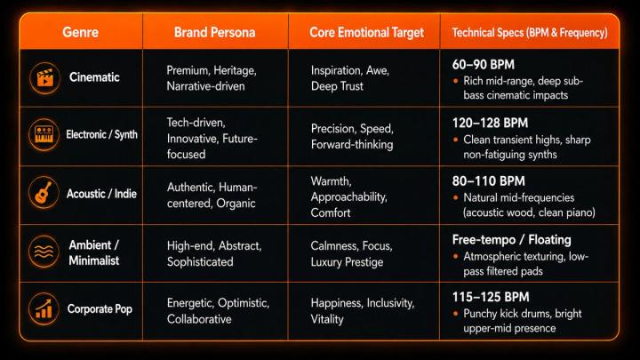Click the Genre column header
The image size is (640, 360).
tap(80, 32)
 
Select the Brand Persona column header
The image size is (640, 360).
tap(215, 32)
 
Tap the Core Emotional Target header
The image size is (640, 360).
tap(366, 32)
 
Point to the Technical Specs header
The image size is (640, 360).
tap(530, 33)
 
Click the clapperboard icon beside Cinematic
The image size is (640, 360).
tap(45, 78)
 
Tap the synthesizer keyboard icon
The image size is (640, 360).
tap(44, 135)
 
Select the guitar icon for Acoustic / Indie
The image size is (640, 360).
tap(44, 193)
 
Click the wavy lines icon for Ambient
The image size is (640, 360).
tap(44, 252)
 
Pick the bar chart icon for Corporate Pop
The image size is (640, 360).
tap(44, 309)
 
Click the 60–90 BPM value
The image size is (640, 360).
tap(484, 65)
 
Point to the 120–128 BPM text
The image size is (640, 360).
tap(490, 123)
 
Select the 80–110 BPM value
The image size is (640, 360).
tap(489, 180)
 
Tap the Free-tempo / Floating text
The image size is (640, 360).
tap(511, 240)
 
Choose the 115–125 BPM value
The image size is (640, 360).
tap(491, 297)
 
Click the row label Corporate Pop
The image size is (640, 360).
tap(100, 309)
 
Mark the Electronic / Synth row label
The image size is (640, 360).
tap(101, 134)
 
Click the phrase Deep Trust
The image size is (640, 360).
tap(337, 86)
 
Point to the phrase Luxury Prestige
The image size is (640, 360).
tap(347, 262)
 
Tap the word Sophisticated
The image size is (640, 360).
tap(200, 262)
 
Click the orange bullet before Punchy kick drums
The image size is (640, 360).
tap(455, 314)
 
